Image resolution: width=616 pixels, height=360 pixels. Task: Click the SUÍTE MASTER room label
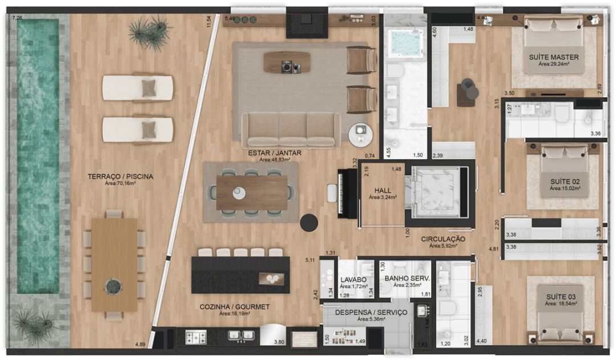pyautogui.click(x=553, y=57)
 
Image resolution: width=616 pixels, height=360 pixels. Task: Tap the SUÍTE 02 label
pyautogui.click(x=565, y=181)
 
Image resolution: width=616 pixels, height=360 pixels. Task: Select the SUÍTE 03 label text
pyautogui.click(x=561, y=297)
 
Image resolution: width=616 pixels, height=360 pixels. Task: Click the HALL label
pyautogui.click(x=383, y=191)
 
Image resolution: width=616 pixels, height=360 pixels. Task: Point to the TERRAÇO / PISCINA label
pyautogui.click(x=120, y=176)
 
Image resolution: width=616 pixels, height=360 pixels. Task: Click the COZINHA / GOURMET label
pyautogui.click(x=234, y=306)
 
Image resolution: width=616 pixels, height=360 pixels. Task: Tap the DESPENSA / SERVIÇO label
pyautogui.click(x=371, y=313)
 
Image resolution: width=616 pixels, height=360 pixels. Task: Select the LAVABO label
pyautogui.click(x=353, y=280)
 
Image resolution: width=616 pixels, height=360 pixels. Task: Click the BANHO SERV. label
pyautogui.click(x=407, y=278)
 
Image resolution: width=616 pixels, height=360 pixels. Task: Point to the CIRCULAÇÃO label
pyautogui.click(x=443, y=239)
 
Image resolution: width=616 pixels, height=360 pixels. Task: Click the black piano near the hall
pyautogui.click(x=347, y=193)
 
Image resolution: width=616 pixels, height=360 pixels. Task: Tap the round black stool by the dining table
pyautogui.click(x=309, y=223)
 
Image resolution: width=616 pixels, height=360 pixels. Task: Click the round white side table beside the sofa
pyautogui.click(x=360, y=134)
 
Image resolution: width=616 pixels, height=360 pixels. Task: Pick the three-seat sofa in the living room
pyautogui.click(x=291, y=130)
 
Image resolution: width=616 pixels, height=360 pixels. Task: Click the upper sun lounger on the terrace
pyautogui.click(x=137, y=87)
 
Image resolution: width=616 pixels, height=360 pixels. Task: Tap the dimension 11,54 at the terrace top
pyautogui.click(x=209, y=21)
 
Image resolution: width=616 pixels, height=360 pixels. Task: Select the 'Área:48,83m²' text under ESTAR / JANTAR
pyautogui.click(x=274, y=160)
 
